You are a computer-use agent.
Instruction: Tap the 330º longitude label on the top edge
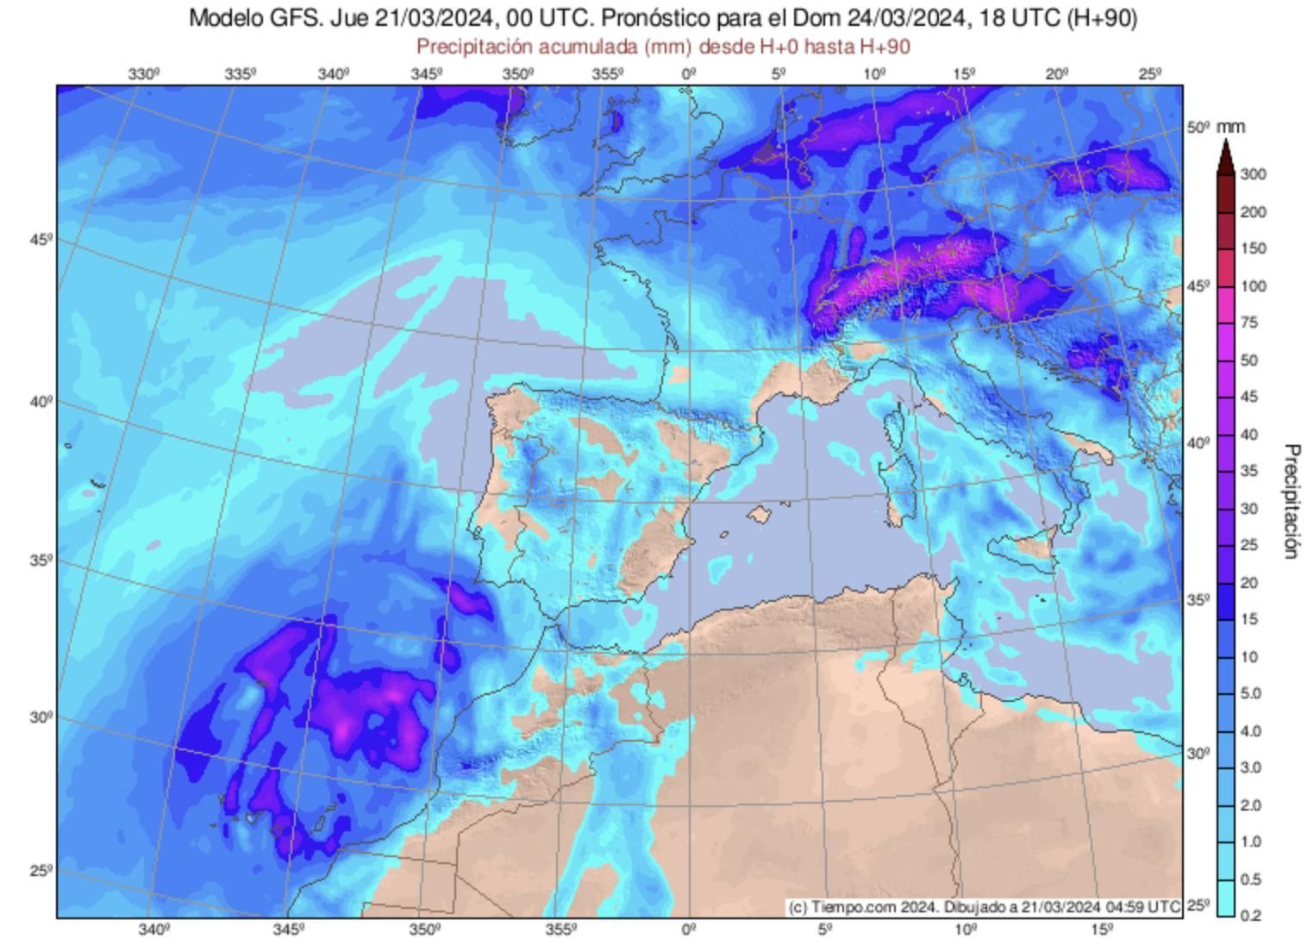(x=144, y=74)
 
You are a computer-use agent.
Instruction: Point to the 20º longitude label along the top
(x=1058, y=74)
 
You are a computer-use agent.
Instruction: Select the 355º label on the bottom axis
(x=561, y=930)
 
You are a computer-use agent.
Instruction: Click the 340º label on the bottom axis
(x=153, y=930)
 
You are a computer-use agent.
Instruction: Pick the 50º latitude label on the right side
(x=1198, y=128)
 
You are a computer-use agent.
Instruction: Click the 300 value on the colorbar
(x=1253, y=174)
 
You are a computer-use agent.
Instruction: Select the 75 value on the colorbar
(x=1248, y=323)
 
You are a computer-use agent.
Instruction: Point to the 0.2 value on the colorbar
(x=1250, y=915)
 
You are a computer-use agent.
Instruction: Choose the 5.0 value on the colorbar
(x=1250, y=693)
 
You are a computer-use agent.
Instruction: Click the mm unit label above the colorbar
(x=1231, y=128)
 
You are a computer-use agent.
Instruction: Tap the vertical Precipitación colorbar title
(x=1291, y=501)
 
